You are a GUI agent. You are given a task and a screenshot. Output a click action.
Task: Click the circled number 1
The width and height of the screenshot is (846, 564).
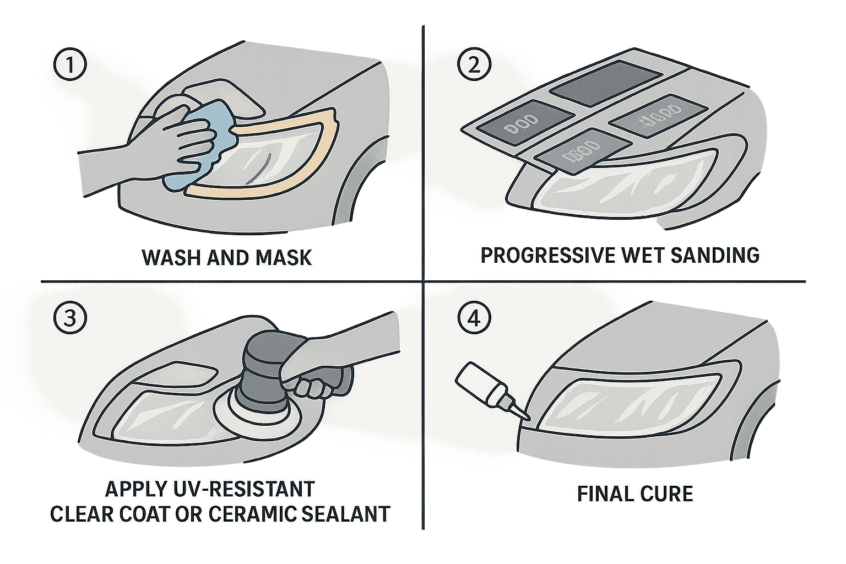[69, 67]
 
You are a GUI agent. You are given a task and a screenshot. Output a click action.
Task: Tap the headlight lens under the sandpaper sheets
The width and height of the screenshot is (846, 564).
[617, 190]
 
